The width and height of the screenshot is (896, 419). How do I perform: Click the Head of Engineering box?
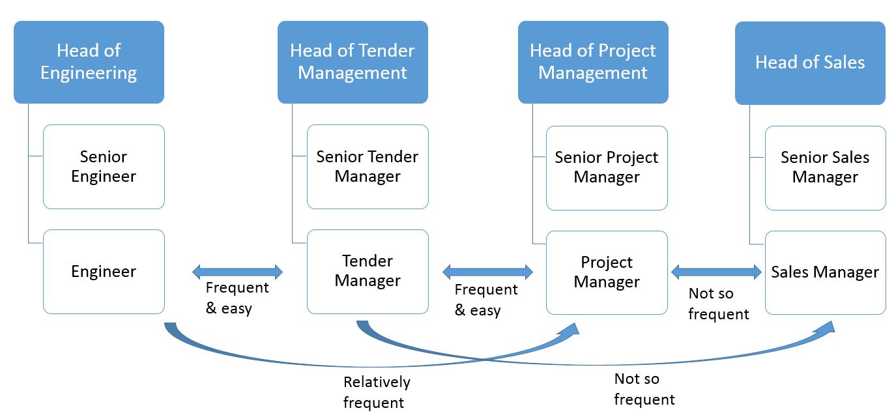pyautogui.click(x=89, y=63)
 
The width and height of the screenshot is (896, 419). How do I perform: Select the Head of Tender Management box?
pyautogui.click(x=353, y=63)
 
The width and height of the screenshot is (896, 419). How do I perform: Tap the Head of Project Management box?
pyautogui.click(x=593, y=63)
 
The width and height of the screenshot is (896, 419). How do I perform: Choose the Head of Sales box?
pyautogui.click(x=811, y=63)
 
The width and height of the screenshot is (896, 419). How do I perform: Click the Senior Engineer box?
pyautogui.click(x=104, y=167)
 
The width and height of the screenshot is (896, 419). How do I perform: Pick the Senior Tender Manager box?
pyautogui.click(x=368, y=167)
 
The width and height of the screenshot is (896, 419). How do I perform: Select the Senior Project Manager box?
pyautogui.click(x=607, y=168)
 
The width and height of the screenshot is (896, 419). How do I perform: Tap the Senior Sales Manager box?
pyautogui.click(x=826, y=168)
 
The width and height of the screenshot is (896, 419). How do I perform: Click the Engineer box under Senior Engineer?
pyautogui.click(x=104, y=272)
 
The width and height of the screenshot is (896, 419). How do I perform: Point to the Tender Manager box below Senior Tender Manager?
pyautogui.click(x=368, y=272)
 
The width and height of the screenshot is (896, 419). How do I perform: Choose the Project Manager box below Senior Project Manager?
pyautogui.click(x=607, y=272)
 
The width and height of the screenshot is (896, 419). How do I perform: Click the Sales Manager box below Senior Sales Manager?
pyautogui.click(x=826, y=272)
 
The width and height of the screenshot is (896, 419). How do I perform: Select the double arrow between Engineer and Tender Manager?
pyautogui.click(x=238, y=272)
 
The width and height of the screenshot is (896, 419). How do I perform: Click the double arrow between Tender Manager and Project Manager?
pyautogui.click(x=487, y=272)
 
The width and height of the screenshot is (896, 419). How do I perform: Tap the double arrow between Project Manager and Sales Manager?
pyautogui.click(x=716, y=272)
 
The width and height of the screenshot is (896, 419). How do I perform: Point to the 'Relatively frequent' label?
pyautogui.click(x=377, y=392)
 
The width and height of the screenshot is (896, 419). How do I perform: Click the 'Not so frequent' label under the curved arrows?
pyautogui.click(x=644, y=389)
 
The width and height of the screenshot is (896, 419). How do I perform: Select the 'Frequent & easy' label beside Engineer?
pyautogui.click(x=237, y=298)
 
